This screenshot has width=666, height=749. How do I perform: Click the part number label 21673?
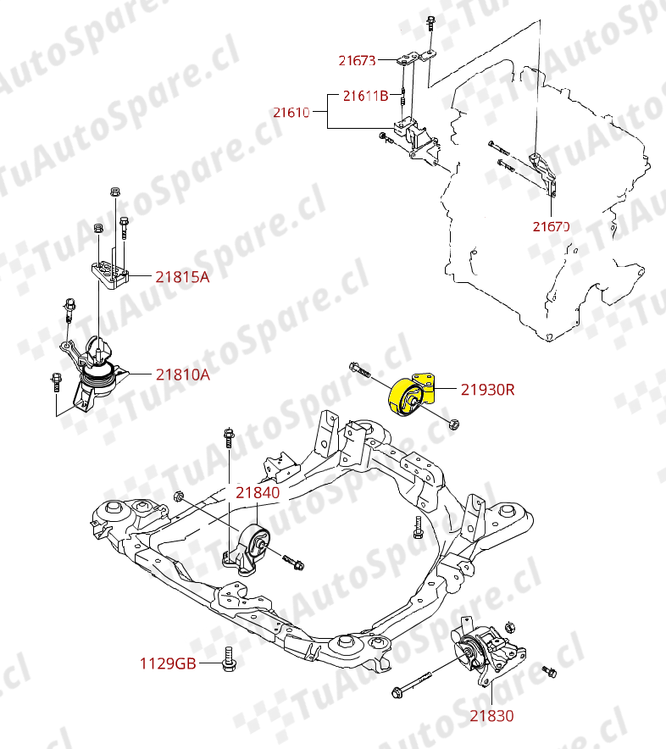point(357,60)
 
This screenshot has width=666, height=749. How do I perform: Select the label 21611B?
point(365,96)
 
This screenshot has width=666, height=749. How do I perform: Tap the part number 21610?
point(291,111)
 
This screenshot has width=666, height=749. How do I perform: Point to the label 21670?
point(550,226)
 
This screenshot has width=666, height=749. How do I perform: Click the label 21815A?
point(181,275)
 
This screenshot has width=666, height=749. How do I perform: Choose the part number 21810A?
point(181,373)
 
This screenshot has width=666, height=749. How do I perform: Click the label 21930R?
point(487,390)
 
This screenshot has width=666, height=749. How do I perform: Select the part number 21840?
point(258,491)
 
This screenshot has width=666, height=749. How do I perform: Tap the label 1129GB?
point(168,663)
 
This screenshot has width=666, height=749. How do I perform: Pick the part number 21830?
point(492,716)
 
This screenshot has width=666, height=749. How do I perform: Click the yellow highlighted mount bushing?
point(411,397)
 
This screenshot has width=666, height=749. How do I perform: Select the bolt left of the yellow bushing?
point(359,369)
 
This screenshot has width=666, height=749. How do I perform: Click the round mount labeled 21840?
point(254,543)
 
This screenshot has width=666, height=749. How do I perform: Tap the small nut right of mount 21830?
point(548,672)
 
